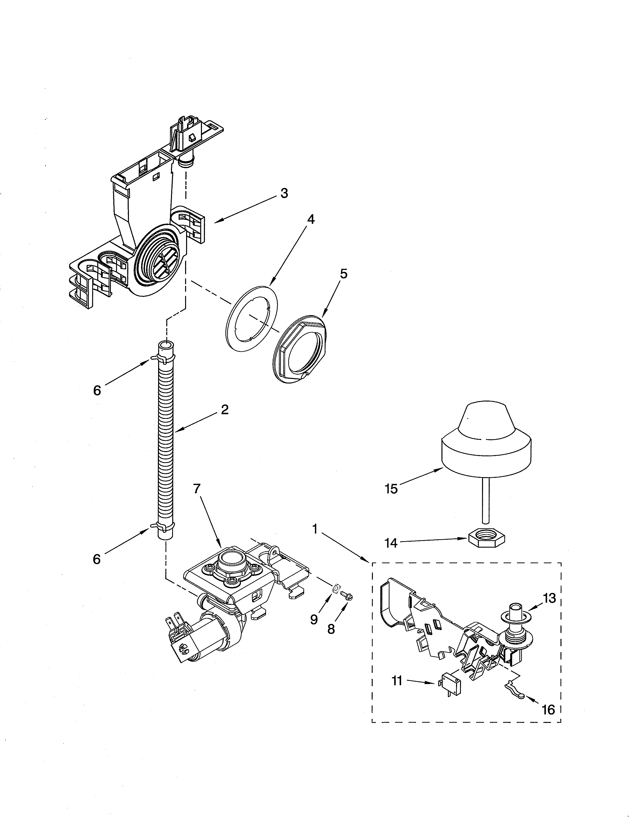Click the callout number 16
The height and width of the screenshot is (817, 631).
(548, 709)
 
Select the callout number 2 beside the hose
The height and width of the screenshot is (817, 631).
(224, 410)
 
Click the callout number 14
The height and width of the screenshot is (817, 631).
(391, 542)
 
